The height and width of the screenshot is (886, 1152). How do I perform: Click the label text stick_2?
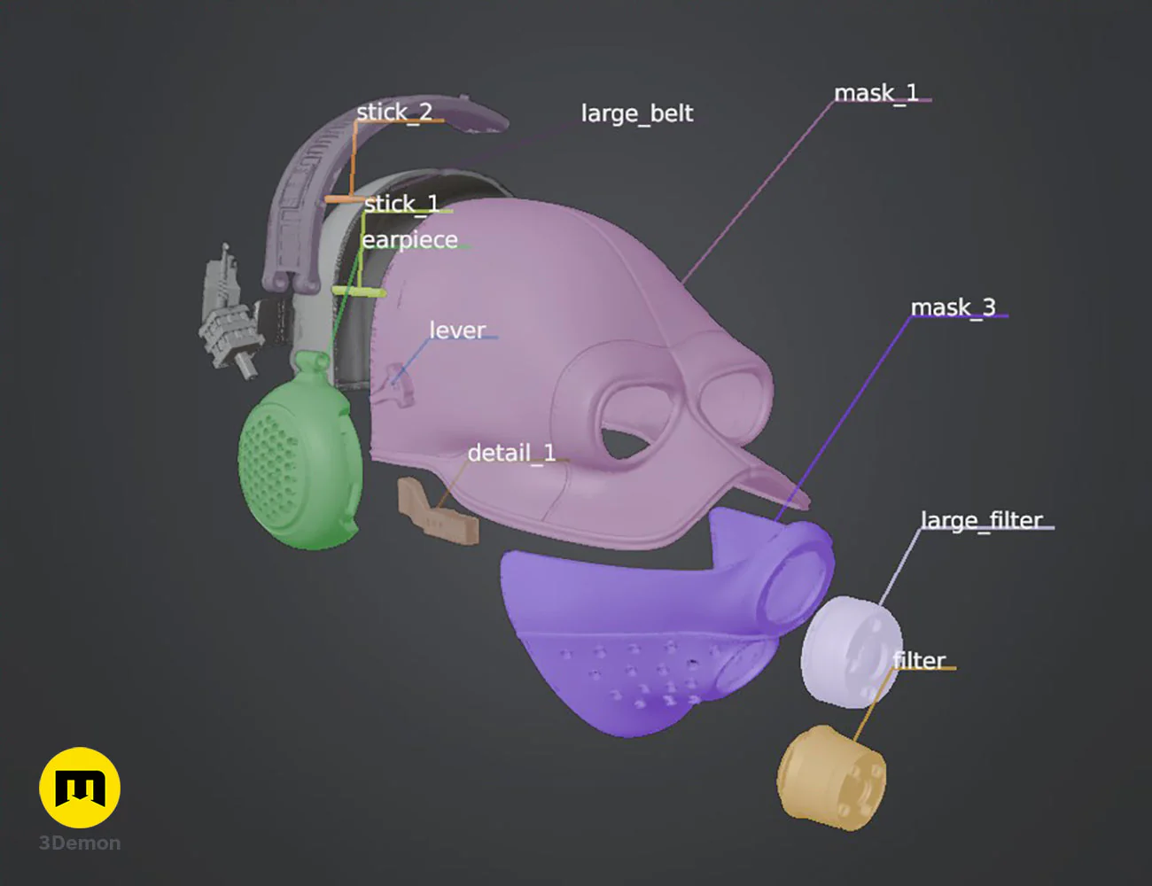pyautogui.click(x=394, y=113)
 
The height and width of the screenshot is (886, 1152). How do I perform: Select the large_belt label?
pyautogui.click(x=636, y=113)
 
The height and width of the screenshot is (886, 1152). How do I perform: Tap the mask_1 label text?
pyautogui.click(x=876, y=94)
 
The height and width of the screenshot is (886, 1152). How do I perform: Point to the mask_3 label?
pyautogui.click(x=954, y=307)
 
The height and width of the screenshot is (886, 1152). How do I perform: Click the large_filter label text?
pyautogui.click(x=981, y=520)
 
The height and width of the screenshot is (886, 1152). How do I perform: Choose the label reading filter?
pyautogui.click(x=919, y=660)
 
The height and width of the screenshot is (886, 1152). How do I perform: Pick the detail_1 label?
pyautogui.click(x=511, y=454)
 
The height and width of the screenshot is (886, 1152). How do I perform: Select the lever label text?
pyautogui.click(x=457, y=330)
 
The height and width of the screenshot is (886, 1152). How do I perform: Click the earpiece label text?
pyautogui.click(x=409, y=241)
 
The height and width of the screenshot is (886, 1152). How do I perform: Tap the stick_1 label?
pyautogui.click(x=401, y=204)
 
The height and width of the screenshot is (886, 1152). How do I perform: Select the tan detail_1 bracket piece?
pyautogui.click(x=438, y=510)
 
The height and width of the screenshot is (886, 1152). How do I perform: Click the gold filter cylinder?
pyautogui.click(x=830, y=777)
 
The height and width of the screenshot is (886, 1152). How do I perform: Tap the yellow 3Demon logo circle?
pyautogui.click(x=80, y=788)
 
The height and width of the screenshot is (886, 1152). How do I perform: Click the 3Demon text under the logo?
pyautogui.click(x=80, y=843)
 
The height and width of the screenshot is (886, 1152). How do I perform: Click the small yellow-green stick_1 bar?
pyautogui.click(x=359, y=292)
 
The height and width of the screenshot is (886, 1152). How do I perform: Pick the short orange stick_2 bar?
pyautogui.click(x=344, y=199)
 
